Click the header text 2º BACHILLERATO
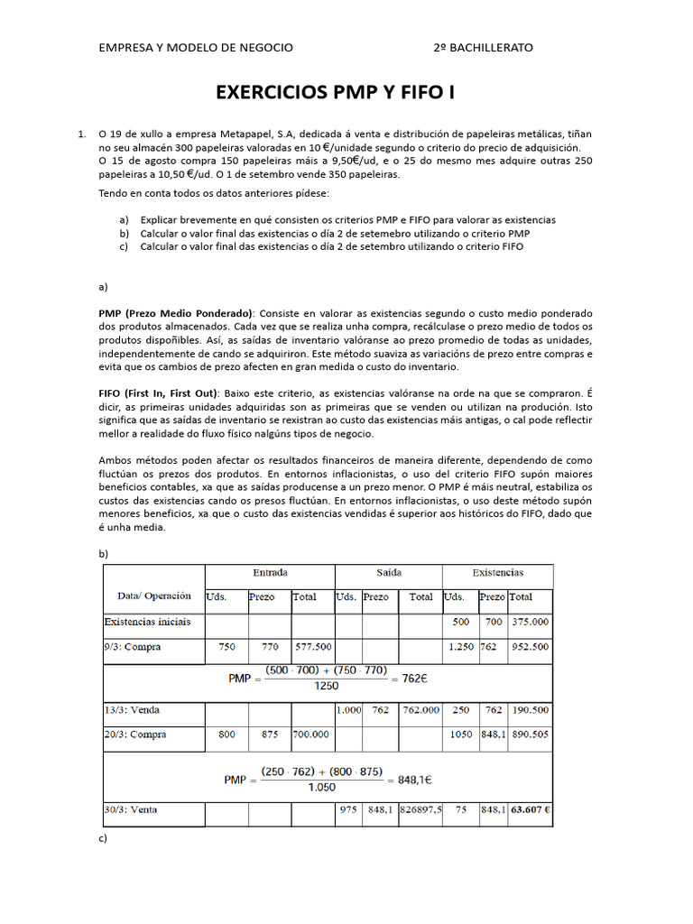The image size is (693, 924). click(x=483, y=47)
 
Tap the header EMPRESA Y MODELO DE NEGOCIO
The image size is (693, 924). click(x=196, y=47)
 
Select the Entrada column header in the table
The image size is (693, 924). click(x=270, y=573)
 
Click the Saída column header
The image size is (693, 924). click(x=389, y=573)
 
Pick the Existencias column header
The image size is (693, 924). click(x=497, y=573)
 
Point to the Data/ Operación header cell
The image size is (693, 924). click(x=154, y=596)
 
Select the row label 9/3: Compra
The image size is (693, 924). click(x=135, y=646)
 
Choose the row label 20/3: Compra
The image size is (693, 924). click(x=135, y=735)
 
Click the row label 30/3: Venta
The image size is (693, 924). click(x=131, y=809)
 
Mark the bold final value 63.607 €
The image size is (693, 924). click(x=531, y=809)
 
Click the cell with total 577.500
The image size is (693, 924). click(x=312, y=646)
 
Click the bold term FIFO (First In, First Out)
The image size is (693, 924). click(x=158, y=394)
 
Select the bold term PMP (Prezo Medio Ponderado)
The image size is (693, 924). click(x=177, y=312)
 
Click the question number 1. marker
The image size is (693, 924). click(x=82, y=134)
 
